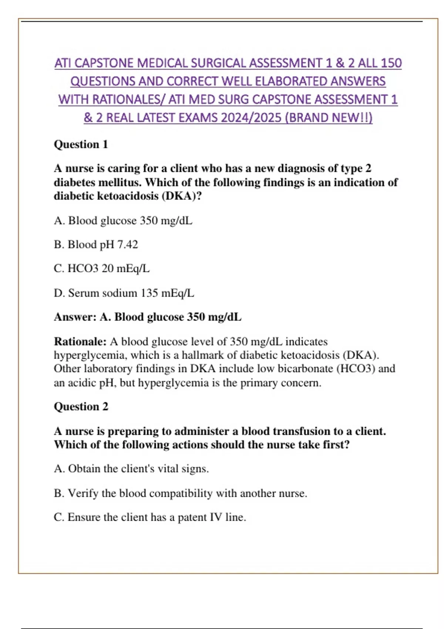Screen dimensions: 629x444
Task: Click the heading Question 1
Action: [81, 144]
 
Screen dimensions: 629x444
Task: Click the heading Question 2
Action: [81, 406]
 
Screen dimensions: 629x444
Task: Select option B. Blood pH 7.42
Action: [96, 245]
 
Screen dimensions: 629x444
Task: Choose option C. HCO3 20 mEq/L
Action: [102, 269]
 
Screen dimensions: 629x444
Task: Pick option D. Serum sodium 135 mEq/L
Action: [124, 293]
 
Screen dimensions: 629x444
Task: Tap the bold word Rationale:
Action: [80, 342]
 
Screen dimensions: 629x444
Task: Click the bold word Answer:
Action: [75, 317]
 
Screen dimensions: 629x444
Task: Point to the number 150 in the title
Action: [391, 63]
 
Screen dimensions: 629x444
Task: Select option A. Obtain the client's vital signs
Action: [131, 469]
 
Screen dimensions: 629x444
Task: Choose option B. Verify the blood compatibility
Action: [180, 493]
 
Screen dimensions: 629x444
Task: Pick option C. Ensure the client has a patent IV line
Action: [150, 517]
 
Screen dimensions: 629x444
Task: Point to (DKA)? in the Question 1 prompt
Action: [182, 196]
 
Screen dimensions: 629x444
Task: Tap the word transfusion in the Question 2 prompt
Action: [301, 431]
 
